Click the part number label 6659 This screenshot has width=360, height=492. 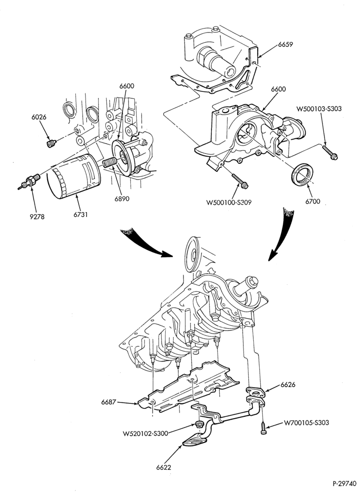coord(285,44)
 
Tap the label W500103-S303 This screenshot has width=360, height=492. coord(319,109)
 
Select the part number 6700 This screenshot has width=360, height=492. coord(313,201)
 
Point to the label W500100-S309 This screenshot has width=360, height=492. coord(229,202)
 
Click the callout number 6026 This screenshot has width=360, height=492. coord(39,117)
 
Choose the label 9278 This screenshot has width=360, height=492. coord(37,216)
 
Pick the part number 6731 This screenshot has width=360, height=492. coord(80,215)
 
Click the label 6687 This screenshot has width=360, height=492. coord(109,401)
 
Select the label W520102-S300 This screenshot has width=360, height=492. coord(145,433)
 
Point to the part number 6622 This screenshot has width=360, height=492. coord(164,467)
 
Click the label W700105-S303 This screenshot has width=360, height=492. coord(306,423)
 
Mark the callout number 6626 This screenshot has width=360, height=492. coord(288,384)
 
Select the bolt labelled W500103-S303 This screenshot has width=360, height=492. coord(330,152)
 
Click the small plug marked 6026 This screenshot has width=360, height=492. coord(51,144)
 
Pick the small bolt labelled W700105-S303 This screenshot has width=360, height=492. coord(264,429)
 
